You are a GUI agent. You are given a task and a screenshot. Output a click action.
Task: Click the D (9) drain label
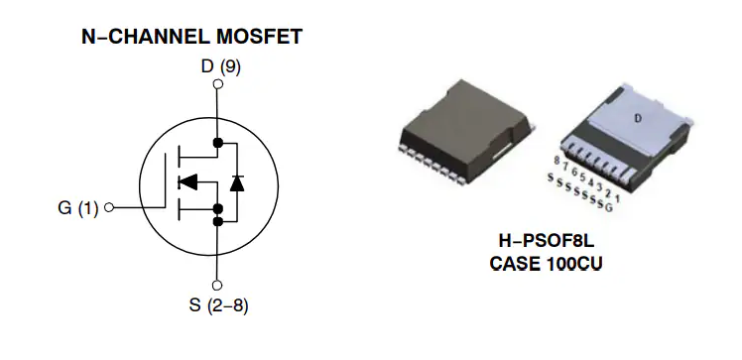pos(219,67)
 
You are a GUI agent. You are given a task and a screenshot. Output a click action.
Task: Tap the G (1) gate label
pos(78,208)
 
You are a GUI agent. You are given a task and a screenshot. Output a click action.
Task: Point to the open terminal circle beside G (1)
pos(108,208)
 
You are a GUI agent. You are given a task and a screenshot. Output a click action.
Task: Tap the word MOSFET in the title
pos(261,38)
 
